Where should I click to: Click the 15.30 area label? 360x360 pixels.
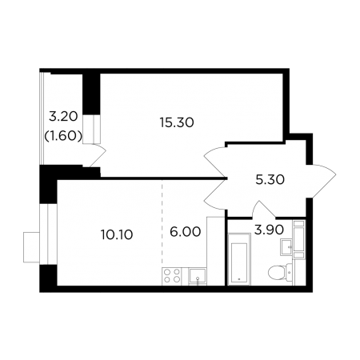pos(177,123)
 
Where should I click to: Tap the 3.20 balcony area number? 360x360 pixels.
pos(63,117)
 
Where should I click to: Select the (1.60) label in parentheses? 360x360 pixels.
pos(63,137)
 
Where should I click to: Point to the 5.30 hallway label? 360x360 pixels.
pos(270,180)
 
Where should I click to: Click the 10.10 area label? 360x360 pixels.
pos(117,235)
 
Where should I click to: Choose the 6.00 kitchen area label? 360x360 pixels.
pos(185,232)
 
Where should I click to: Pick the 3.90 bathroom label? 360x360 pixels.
pos(269,230)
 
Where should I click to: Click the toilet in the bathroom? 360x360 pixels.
pos(280,272)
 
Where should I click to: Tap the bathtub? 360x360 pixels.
pos(239,259)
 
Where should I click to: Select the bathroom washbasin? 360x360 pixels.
pos(286,247)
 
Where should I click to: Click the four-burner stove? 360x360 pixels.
pos(171,276)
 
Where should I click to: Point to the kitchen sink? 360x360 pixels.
pos(198,276)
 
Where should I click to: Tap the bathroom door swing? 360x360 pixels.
pos(264,210)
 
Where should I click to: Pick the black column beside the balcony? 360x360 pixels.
pos(91,94)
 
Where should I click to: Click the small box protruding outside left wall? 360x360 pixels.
pos(31,247)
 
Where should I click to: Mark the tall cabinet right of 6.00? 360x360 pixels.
pos(216,251)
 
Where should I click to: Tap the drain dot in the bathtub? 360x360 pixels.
pos(239,279)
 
